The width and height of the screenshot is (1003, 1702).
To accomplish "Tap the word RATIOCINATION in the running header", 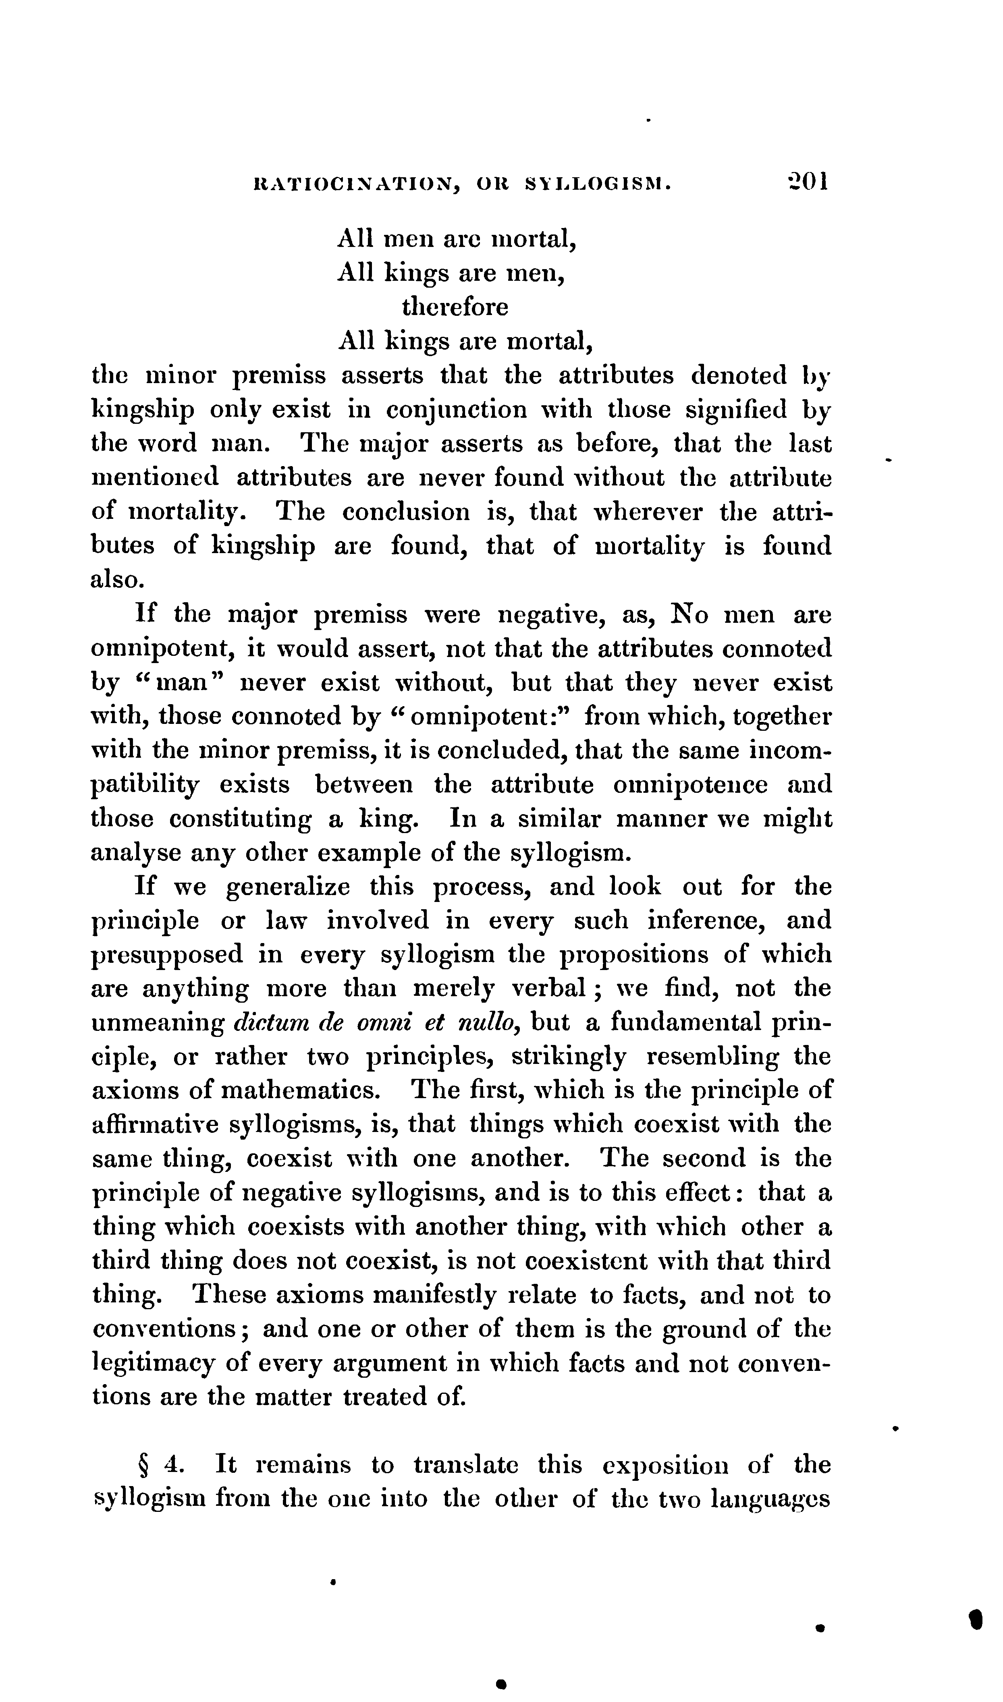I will [353, 183].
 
